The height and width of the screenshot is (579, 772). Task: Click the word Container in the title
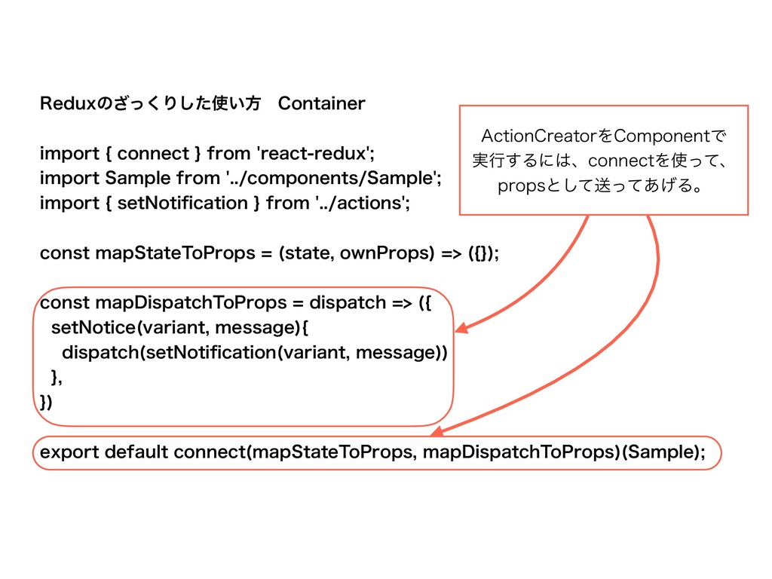click(321, 103)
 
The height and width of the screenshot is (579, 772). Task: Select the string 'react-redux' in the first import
click(316, 154)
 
